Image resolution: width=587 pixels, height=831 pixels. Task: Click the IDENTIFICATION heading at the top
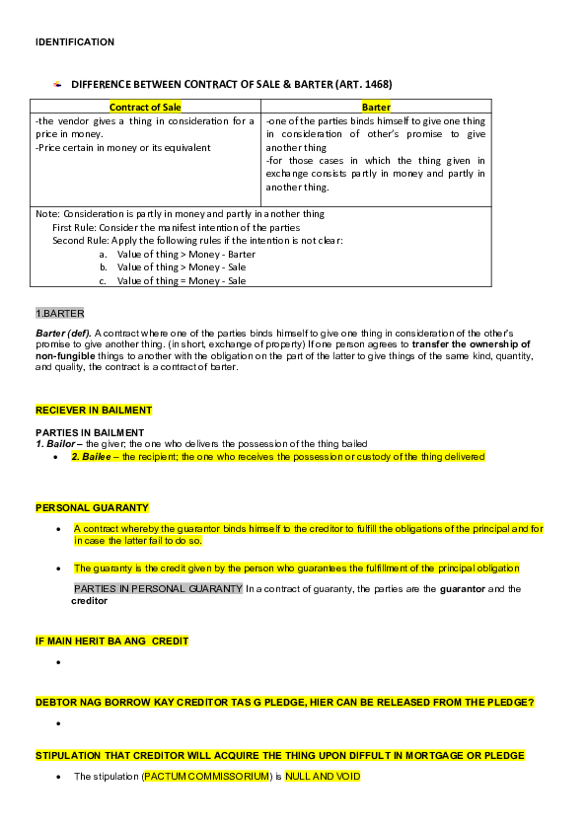click(x=75, y=42)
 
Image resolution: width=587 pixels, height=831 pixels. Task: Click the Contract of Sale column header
click(x=145, y=107)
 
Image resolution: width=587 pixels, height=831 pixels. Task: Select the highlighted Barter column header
click(x=376, y=107)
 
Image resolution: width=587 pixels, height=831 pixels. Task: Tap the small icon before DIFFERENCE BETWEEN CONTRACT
click(x=57, y=85)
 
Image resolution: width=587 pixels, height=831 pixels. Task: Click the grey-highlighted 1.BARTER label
click(x=60, y=314)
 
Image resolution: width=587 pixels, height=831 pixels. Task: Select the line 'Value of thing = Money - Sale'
click(x=182, y=280)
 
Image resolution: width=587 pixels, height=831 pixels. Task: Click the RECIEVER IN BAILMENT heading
click(x=94, y=410)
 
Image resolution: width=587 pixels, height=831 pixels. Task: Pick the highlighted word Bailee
click(x=96, y=457)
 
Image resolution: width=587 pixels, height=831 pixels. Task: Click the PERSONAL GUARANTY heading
click(x=92, y=507)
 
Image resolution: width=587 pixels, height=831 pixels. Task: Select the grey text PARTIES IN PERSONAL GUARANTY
click(x=158, y=588)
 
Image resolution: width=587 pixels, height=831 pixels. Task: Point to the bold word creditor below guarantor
click(x=89, y=600)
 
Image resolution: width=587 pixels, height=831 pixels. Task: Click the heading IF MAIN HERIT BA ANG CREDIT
click(x=111, y=641)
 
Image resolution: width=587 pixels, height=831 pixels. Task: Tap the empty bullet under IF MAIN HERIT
click(x=60, y=662)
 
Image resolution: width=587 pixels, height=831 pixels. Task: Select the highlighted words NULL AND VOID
click(x=323, y=777)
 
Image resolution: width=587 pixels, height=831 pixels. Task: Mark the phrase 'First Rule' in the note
click(x=74, y=227)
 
